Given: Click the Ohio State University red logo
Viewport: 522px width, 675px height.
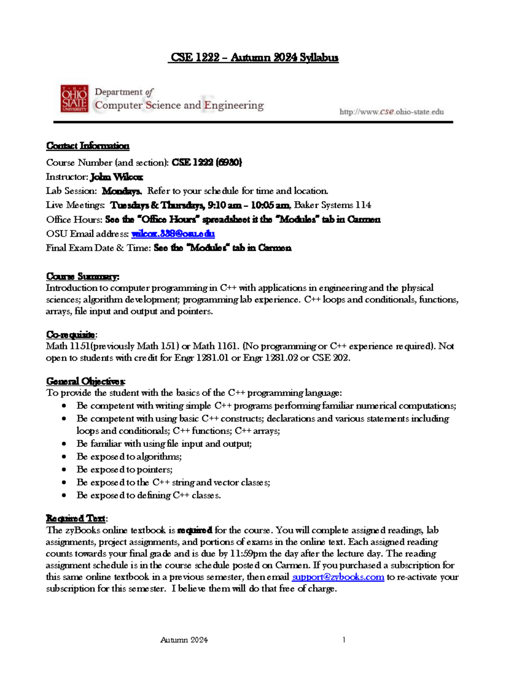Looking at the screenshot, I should pyautogui.click(x=74, y=99).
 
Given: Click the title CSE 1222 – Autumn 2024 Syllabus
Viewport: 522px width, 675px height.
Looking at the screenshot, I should pyautogui.click(x=254, y=57).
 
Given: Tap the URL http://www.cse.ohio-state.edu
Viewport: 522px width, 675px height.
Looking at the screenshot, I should pyautogui.click(x=391, y=112).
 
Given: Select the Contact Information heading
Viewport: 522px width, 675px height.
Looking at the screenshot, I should pyautogui.click(x=88, y=146).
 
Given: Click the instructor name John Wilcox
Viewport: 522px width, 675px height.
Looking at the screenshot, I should pyautogui.click(x=117, y=177).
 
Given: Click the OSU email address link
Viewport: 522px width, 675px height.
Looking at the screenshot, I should pyautogui.click(x=173, y=233).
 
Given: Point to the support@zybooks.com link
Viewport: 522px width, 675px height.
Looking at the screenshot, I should pyautogui.click(x=338, y=577).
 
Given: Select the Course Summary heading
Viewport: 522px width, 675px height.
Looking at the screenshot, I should pyautogui.click(x=83, y=276).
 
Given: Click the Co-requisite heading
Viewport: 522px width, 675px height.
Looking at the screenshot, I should pyautogui.click(x=71, y=334).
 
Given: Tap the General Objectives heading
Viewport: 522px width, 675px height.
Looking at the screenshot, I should pyautogui.click(x=86, y=381).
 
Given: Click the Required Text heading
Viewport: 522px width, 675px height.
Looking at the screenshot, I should pyautogui.click(x=76, y=518).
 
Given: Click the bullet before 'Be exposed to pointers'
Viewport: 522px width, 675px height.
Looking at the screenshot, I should pyautogui.click(x=64, y=469).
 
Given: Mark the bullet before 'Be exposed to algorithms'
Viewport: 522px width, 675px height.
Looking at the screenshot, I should pyautogui.click(x=64, y=456).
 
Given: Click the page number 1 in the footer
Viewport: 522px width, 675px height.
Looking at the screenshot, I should pyautogui.click(x=344, y=639).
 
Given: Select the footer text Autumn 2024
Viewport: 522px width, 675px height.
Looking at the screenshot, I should pyautogui.click(x=184, y=640).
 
